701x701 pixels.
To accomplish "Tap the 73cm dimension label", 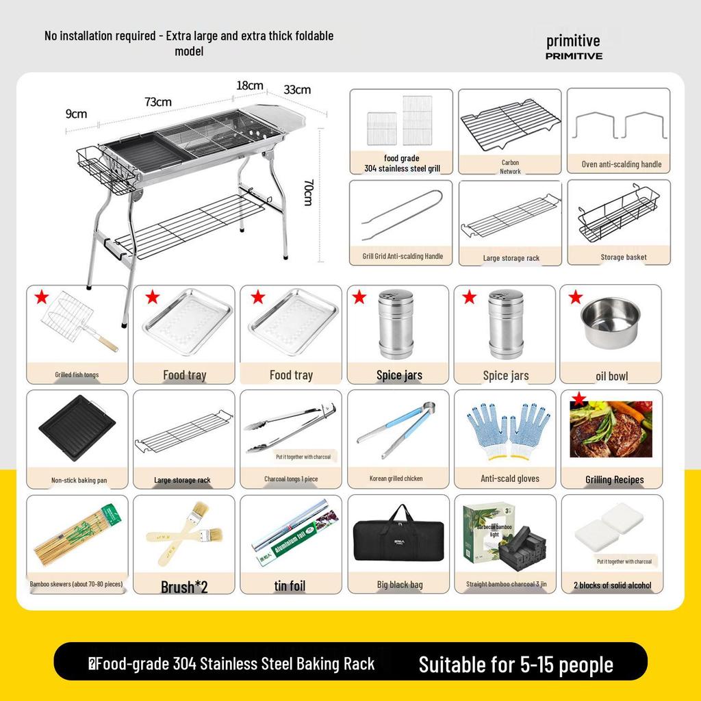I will pos(158,102).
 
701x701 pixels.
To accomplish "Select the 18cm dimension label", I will pos(250,86).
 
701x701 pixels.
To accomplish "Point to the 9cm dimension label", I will pos(76,114).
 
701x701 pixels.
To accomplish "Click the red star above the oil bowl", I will pos(576,297).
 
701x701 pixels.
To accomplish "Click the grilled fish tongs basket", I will pos(77,321).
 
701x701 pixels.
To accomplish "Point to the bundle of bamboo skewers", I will pos(77,535).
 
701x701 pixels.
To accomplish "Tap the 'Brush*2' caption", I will pos(184,587).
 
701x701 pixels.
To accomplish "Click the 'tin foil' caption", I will pos(290,586).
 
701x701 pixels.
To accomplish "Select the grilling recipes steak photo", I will pos(611,430).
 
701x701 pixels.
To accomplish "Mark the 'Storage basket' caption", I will pos(624,257).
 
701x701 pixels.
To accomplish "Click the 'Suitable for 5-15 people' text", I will pos(515,664).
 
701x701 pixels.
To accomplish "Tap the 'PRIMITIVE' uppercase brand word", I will pos(574,56).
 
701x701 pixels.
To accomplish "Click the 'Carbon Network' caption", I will pos(510,167).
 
